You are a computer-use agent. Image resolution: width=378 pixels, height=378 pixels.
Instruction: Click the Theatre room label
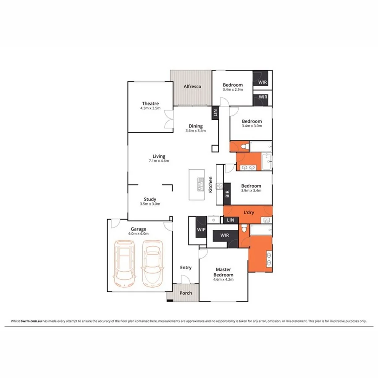tap(150, 103)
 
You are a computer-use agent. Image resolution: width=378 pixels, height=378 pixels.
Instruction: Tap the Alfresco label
tap(192, 87)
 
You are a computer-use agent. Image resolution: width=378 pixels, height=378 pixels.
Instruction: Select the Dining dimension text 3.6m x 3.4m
tap(195, 131)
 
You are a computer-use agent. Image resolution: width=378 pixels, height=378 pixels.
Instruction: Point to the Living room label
tap(159, 156)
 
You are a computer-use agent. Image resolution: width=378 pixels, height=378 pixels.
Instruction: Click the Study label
tap(150, 199)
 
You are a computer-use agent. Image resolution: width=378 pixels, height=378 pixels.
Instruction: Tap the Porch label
tap(185, 293)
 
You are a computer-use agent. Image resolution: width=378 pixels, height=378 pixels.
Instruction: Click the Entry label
tap(186, 268)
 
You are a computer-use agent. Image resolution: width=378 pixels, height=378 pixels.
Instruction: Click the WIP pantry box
tap(201, 230)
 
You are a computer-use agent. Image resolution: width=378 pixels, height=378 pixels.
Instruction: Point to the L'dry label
tap(249, 213)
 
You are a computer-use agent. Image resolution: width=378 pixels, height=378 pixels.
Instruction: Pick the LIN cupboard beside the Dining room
tap(215, 112)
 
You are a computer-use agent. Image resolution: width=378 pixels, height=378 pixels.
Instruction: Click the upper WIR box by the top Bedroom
tap(262, 82)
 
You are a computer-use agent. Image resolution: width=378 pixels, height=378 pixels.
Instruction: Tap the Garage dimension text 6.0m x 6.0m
tap(138, 234)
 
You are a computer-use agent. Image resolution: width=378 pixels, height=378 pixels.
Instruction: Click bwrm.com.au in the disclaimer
tap(30, 321)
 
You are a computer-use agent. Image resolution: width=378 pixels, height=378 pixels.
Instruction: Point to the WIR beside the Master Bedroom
tap(224, 235)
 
